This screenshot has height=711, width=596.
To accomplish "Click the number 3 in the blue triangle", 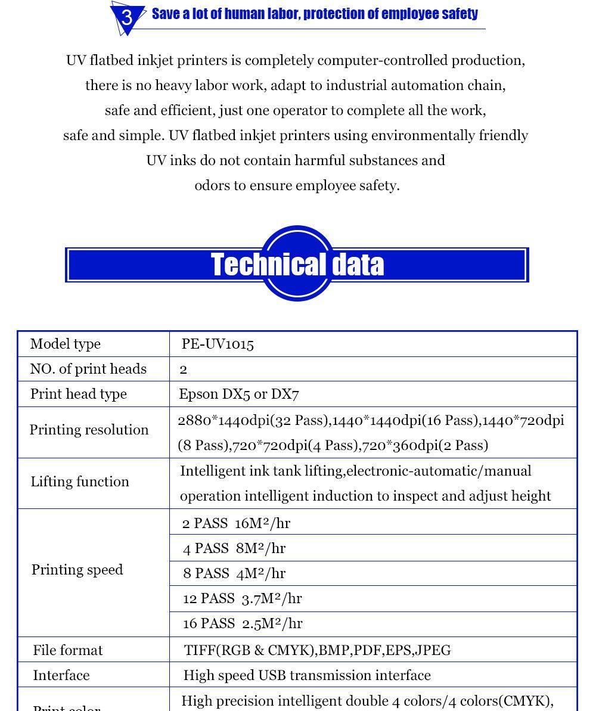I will pos(127,17).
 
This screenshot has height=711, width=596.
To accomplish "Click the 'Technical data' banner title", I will pos(297,265).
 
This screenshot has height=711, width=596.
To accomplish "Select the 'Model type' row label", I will pos(66,344).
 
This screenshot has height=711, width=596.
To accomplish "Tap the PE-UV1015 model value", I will pos(218,344).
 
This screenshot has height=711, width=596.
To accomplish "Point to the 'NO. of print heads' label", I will pos(88,369).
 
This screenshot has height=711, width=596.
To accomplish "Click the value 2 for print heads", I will pos(184,370).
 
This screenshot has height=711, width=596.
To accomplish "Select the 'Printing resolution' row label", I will pos(89,430).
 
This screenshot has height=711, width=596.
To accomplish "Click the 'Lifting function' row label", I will pos(80,482).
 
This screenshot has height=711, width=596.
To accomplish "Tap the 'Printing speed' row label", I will pos(77,570).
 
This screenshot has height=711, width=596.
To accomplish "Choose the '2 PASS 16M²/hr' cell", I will pos(236,523).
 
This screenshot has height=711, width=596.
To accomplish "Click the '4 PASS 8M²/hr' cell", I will pos(234,548).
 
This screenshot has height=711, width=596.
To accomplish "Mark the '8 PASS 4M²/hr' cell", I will pos(234,573).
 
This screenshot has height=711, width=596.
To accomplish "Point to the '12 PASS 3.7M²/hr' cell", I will pos(242,598).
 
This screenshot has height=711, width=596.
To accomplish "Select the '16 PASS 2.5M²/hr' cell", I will pos(243,623).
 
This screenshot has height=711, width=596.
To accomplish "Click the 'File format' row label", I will pos(68,650).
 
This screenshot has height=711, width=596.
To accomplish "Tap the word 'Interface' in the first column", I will pos(61,675).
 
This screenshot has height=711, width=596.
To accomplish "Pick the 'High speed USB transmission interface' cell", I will pos(307,675).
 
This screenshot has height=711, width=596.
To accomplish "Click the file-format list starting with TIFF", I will pos(317,650).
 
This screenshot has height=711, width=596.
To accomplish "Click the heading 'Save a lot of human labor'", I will pos(315,14).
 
